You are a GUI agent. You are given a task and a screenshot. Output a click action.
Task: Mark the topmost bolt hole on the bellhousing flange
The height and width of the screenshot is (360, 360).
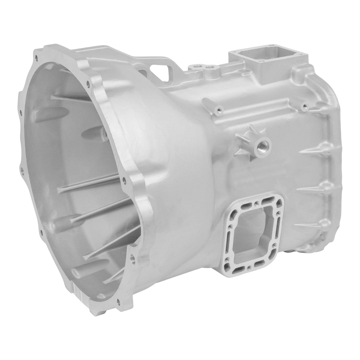pyautogui.click(x=36, y=57)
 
